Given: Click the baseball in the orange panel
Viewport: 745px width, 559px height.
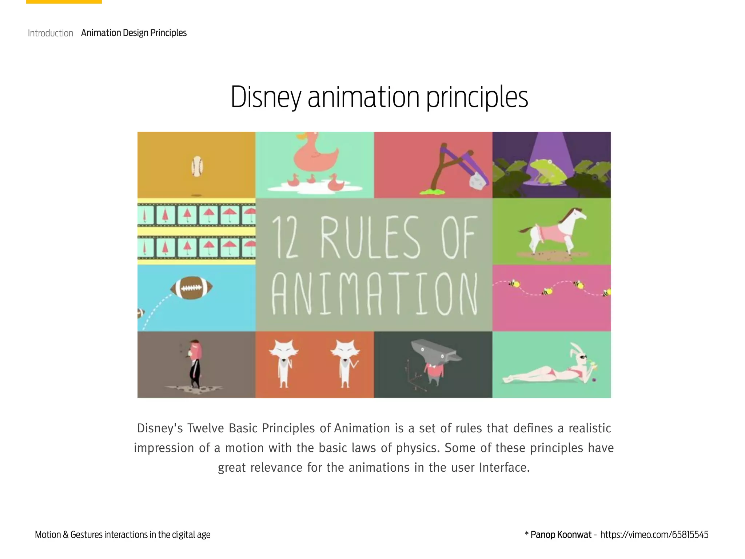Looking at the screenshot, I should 197,166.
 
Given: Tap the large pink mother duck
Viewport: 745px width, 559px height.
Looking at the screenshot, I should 316,155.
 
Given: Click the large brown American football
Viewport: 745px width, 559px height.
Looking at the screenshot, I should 191,288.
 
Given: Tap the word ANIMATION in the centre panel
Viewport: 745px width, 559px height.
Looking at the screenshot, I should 374,294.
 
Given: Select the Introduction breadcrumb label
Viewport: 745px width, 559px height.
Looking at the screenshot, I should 51,33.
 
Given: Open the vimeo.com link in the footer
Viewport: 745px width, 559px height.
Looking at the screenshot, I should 654,535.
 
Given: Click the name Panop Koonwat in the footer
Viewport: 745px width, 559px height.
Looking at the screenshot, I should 561,535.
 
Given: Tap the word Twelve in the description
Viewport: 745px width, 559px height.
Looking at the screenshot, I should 206,428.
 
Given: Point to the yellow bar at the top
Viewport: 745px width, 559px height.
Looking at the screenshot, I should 64,2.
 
